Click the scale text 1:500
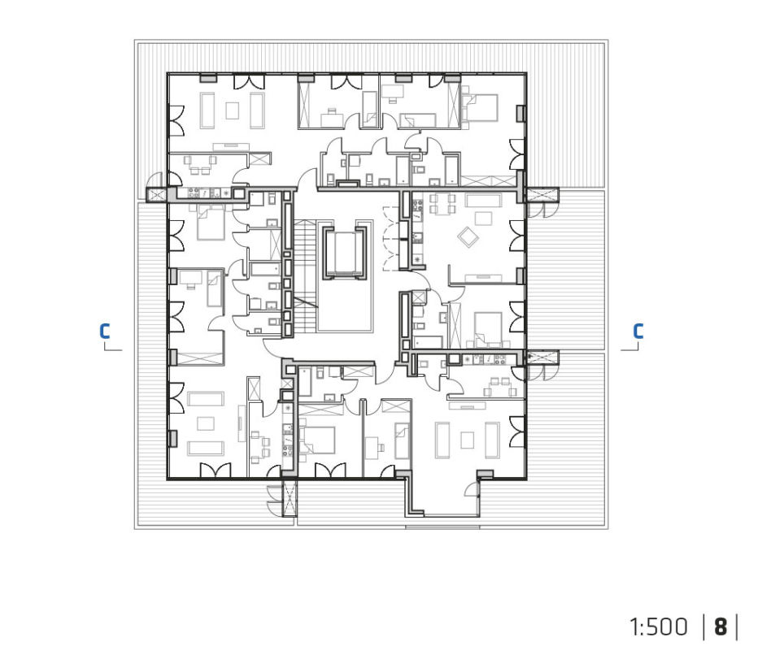point(659,627)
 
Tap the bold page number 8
point(721,627)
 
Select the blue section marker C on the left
point(104,332)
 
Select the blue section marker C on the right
point(638,332)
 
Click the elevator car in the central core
point(345,253)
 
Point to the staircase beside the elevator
point(305,277)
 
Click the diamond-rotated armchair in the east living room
point(468,237)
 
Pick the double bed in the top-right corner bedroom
point(479,107)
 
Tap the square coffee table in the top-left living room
point(233,110)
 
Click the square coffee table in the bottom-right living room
point(467,440)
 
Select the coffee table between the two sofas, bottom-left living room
point(206,423)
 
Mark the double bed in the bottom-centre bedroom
point(318,440)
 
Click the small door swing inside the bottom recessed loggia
point(473,489)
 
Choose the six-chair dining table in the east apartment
point(442,203)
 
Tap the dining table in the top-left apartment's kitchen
point(199,165)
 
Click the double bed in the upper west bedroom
point(211,222)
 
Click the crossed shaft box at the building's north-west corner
point(156,194)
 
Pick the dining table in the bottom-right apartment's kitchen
point(500,387)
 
